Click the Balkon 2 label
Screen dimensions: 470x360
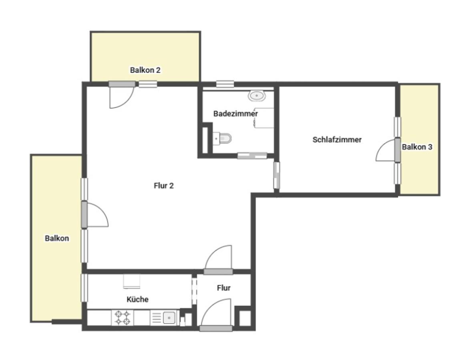pos(145,70)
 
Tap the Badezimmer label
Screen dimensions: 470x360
pos(235,114)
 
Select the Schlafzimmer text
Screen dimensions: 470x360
pos(337,140)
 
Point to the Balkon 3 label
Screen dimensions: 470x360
pos(417,147)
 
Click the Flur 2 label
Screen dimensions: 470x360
pos(164,186)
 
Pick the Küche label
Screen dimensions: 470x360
pos(138,299)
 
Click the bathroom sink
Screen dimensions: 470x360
pos(257,96)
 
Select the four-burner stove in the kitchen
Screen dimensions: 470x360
pos(123,318)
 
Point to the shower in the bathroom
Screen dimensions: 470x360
pos(264,118)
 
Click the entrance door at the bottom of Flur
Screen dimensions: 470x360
pos(216,315)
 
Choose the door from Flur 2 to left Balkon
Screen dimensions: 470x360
pos(95,214)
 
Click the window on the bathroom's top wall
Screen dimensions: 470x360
pos(225,84)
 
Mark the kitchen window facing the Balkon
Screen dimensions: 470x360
pos(85,288)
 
